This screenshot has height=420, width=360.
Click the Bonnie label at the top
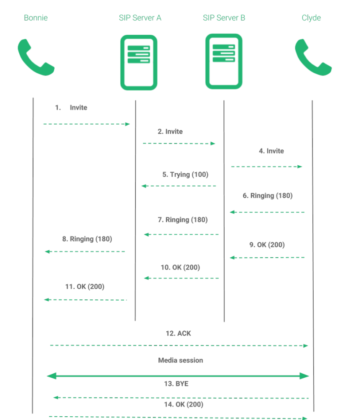coord(36,18)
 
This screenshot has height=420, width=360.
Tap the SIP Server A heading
coord(140,18)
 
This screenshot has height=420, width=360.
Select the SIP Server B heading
coord(224,18)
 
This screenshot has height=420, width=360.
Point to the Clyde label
coord(311,18)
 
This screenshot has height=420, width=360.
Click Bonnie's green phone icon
coord(36,57)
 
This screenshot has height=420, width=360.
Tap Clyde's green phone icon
coord(313,57)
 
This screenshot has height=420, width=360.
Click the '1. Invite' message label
coord(71,107)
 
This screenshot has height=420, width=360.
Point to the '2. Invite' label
coord(170,132)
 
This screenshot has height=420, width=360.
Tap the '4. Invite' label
coord(271,151)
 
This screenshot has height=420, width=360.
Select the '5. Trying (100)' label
coord(185,175)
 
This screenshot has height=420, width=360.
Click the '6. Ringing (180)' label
coord(268,196)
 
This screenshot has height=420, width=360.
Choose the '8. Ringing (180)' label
coord(87,239)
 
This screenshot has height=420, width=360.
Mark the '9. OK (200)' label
coord(267,245)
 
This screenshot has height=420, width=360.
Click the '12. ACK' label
coord(178,333)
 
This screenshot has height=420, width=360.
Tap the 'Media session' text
coord(180,360)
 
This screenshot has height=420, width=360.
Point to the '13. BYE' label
coord(176,384)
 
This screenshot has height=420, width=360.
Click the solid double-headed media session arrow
coord(178,376)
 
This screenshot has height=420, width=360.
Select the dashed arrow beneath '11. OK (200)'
coord(85,300)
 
